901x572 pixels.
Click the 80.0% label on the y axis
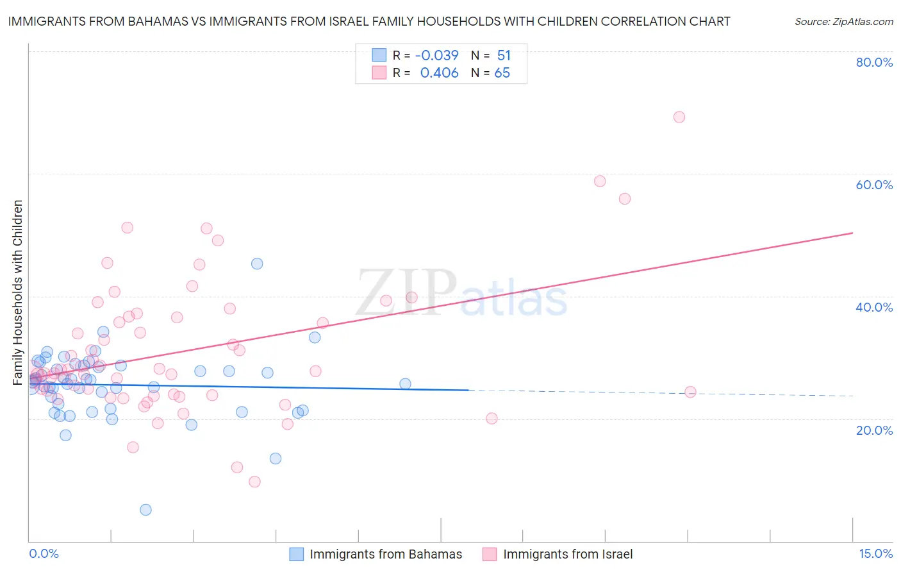pos(874,62)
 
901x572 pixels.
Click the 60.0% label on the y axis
pos(874,185)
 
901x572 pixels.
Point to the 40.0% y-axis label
pos(874,307)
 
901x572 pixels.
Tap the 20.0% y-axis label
pos(874,430)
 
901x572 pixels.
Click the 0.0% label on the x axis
pos(44,554)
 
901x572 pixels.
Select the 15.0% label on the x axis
pos(875,554)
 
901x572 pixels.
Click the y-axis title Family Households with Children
pos(18,292)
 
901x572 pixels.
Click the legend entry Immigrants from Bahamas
pos(385,555)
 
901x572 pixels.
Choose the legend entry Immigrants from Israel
pos(567,555)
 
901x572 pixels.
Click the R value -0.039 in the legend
pos(437,56)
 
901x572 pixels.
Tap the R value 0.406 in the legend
pos(439,73)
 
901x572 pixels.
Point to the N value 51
pos(504,56)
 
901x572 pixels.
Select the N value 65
pos(502,73)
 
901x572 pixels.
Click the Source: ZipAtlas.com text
pos(843,22)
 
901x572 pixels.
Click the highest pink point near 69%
pos(679,117)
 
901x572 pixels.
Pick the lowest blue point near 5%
pos(145,510)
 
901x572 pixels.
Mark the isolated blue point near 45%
pos(257,264)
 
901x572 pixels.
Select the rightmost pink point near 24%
pos(690,392)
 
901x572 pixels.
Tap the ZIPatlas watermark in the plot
pos(461,293)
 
